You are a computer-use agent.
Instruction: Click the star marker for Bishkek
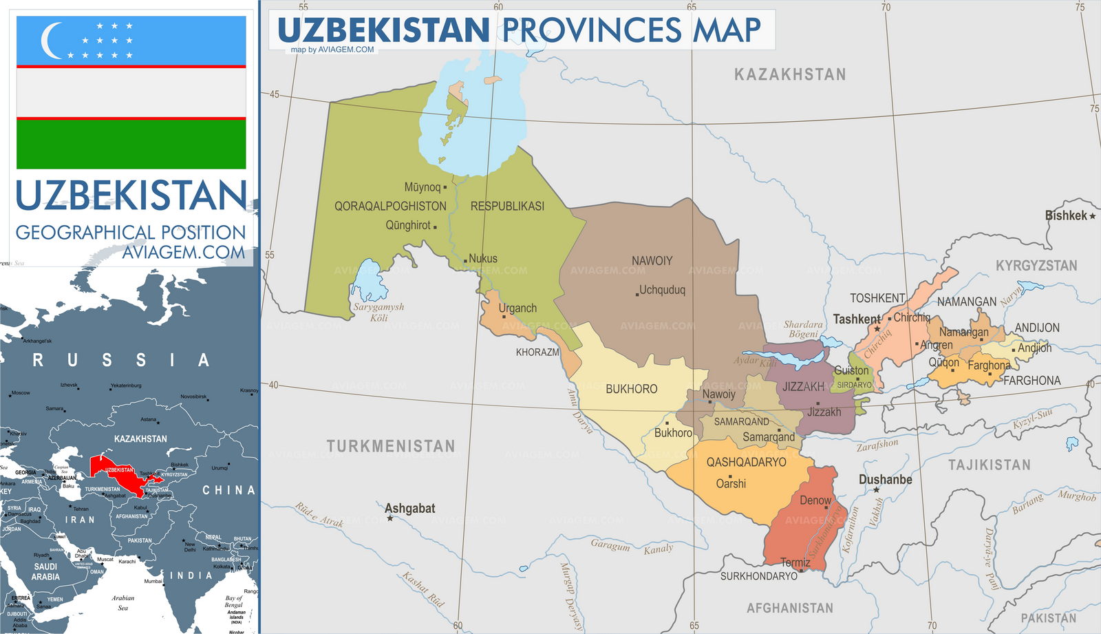click(1092, 216)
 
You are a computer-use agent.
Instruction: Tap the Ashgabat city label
click(409, 508)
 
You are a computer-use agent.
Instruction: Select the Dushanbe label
click(885, 479)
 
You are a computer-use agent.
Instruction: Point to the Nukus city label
click(483, 259)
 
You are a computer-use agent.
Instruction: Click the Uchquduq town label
click(662, 290)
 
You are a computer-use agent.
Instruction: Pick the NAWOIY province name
click(652, 261)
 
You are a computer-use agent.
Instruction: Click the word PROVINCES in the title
click(591, 30)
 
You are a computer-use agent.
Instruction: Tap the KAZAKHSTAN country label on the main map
click(790, 74)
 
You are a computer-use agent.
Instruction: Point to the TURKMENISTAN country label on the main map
click(390, 446)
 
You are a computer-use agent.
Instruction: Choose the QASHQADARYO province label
click(746, 462)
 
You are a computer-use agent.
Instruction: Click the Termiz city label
click(795, 562)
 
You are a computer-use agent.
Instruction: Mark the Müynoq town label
click(422, 187)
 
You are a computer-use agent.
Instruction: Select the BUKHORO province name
click(631, 389)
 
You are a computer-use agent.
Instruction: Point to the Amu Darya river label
click(579, 412)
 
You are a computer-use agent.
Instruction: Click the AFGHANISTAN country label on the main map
click(789, 608)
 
